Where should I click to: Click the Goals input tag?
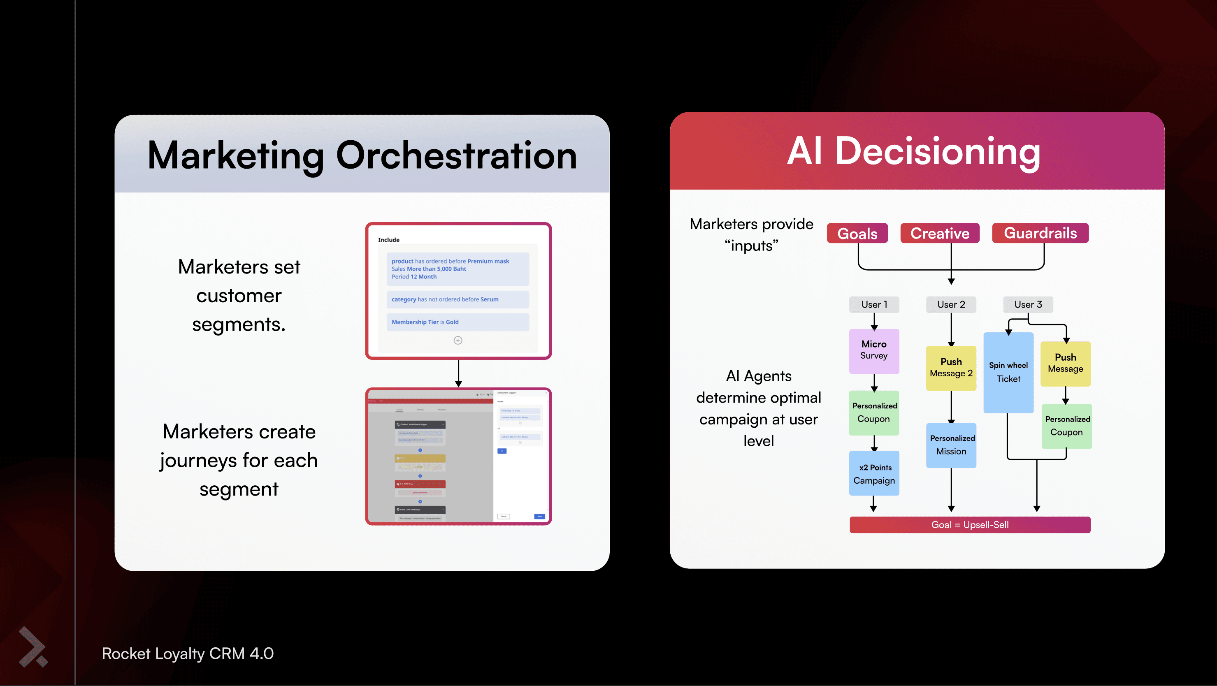pos(857,233)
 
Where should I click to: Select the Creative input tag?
pos(940,233)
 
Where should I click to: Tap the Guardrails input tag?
pos(1040,233)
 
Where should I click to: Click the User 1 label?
pos(874,304)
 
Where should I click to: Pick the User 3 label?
pos(1028,304)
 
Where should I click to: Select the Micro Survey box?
pos(874,351)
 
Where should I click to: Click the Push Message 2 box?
pos(951,368)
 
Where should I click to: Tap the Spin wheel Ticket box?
pos(1008,372)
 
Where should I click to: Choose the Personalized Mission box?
pos(951,445)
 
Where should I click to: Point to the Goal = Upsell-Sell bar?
pos(970,524)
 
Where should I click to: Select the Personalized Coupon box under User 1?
pos(873,413)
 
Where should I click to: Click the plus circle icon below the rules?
pos(458,341)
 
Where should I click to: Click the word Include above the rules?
pos(388,240)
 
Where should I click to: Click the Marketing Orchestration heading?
pos(362,155)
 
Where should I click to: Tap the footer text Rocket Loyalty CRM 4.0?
pos(188,654)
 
